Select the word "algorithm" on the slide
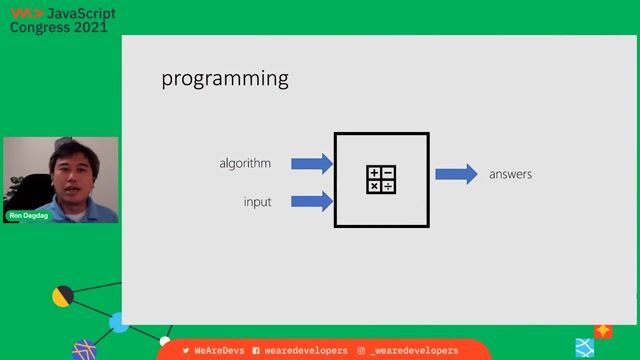tap(245, 163)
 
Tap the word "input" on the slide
tap(257, 202)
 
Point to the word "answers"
tap(510, 175)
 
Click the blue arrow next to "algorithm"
tap(313, 163)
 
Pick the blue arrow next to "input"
tap(313, 201)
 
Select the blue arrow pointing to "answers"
tap(456, 174)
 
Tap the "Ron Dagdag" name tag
tap(28, 215)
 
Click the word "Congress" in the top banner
tap(40, 28)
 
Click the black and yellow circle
tap(62, 296)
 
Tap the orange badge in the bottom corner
tap(603, 330)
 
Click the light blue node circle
tap(118, 322)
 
